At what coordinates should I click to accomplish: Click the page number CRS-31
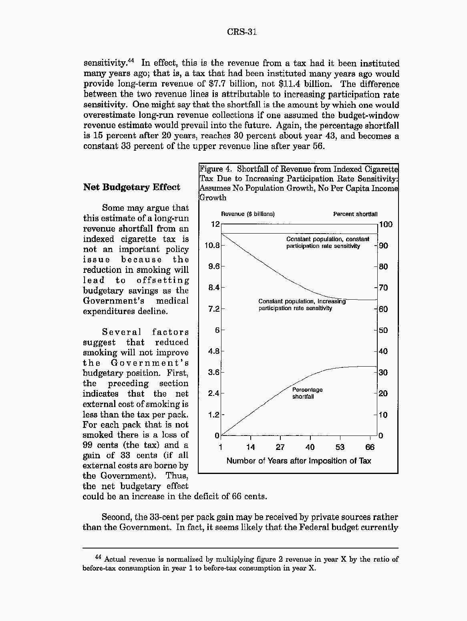242,32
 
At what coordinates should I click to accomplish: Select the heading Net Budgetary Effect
131,187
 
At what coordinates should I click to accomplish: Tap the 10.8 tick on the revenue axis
212,246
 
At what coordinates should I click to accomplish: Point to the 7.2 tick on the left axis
214,309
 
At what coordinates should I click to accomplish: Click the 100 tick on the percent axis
386,224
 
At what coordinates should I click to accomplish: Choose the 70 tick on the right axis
383,288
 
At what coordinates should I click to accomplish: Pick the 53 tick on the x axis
340,447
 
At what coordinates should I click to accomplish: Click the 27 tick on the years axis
280,447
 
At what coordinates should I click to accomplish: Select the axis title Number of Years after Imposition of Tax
299,461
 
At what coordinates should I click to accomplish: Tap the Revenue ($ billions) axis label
248,214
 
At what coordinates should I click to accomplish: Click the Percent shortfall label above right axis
355,214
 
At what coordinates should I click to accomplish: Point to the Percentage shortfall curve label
307,393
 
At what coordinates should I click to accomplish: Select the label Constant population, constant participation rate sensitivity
328,242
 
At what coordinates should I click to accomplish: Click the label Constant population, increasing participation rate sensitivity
302,304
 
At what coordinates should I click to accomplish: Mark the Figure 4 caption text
299,183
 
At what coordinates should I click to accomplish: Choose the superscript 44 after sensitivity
131,61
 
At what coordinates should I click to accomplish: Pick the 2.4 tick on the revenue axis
214,393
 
